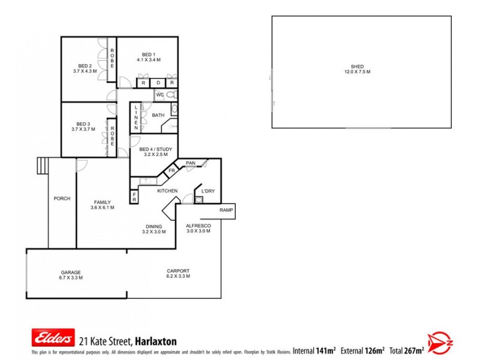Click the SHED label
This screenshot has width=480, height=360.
click(x=357, y=67)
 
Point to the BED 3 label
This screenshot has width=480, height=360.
click(x=83, y=124)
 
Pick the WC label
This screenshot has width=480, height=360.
click(x=160, y=95)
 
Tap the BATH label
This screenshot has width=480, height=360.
click(x=158, y=115)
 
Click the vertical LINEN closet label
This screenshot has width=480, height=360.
click(x=136, y=118)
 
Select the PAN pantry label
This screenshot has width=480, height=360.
click(x=191, y=163)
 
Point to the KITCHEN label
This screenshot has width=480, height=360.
click(x=167, y=191)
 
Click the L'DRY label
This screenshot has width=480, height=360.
click(x=208, y=191)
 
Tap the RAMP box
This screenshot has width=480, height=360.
click(x=226, y=211)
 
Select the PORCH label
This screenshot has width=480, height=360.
click(x=62, y=199)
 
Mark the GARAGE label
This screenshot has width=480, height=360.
click(x=71, y=272)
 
